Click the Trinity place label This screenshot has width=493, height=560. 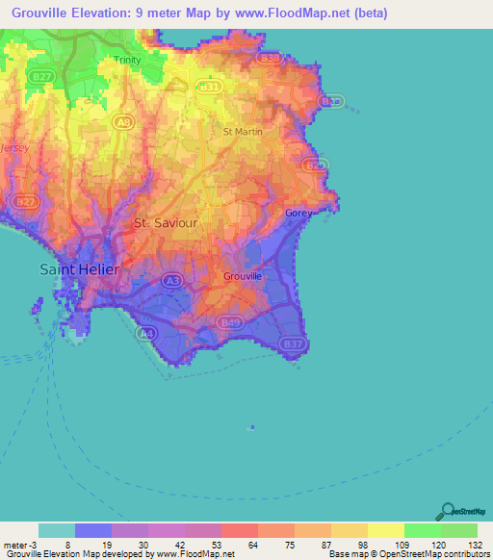pos(127,60)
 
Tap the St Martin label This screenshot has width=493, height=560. pos(241,131)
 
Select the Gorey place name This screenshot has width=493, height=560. pos(298,213)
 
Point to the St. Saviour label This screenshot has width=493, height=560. pos(166,222)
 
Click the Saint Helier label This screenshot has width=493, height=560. pos(80,269)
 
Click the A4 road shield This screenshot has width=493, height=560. pos(145,333)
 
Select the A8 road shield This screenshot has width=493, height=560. pos(122,121)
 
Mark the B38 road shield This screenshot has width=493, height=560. pos(270,59)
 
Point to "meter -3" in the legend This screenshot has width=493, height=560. pos(19,544)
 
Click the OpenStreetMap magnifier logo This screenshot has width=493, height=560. pos(446,511)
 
